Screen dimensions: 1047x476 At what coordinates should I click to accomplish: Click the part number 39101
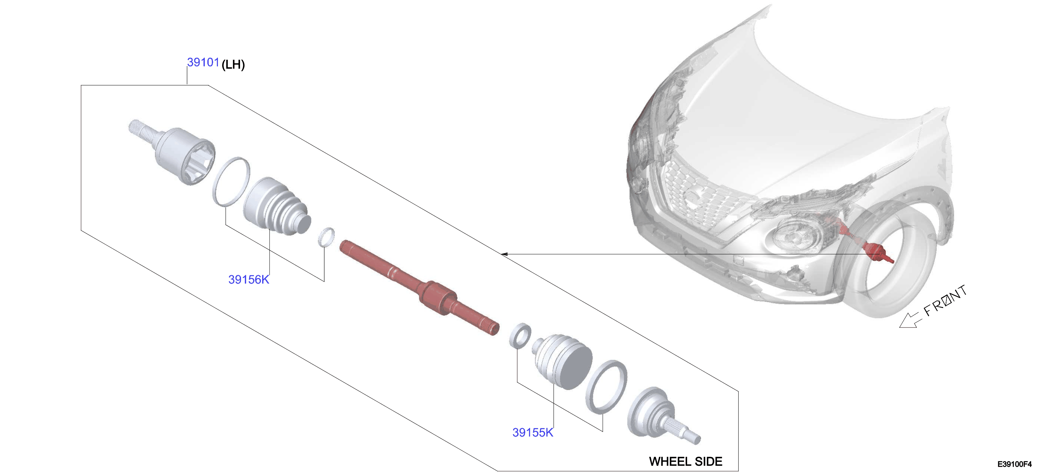[203, 62]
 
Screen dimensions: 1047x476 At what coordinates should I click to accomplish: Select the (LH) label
[233, 64]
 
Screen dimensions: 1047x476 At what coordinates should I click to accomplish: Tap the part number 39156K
[249, 279]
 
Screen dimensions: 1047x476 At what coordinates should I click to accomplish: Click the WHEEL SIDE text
[686, 461]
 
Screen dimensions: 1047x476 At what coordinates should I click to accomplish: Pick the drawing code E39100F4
[1015, 464]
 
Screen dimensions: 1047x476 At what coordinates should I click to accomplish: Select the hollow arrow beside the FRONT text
[909, 320]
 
